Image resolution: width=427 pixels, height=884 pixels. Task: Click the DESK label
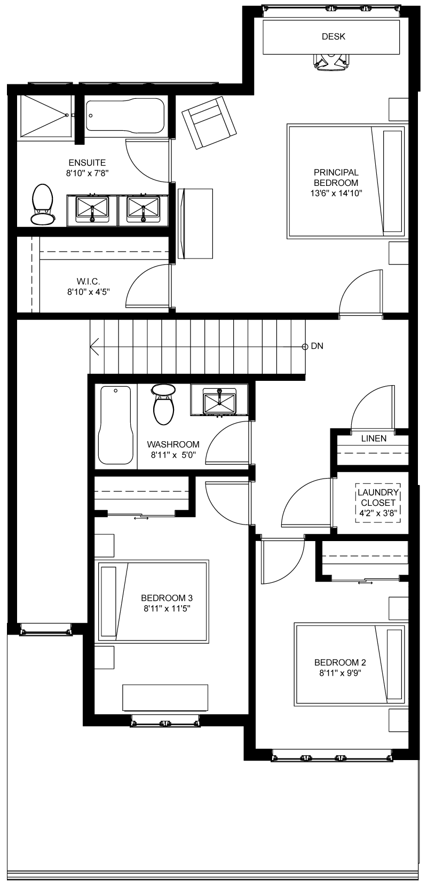click(x=334, y=36)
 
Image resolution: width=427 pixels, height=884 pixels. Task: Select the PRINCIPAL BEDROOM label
click(x=336, y=177)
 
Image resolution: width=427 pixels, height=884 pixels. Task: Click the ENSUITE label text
click(x=88, y=162)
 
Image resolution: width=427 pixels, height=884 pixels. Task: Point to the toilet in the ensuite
click(x=42, y=204)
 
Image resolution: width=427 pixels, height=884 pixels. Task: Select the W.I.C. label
click(x=88, y=281)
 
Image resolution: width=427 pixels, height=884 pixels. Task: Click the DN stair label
click(x=317, y=346)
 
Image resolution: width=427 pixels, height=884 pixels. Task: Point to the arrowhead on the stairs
click(x=94, y=346)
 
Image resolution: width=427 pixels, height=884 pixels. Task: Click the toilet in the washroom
click(x=163, y=404)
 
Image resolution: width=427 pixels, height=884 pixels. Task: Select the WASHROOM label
click(x=173, y=444)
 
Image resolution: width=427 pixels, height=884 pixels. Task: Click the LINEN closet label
click(x=374, y=439)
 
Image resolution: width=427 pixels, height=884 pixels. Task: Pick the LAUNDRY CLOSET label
click(x=378, y=497)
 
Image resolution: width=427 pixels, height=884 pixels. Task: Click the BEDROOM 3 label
click(x=167, y=598)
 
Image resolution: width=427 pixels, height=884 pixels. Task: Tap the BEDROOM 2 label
click(x=340, y=662)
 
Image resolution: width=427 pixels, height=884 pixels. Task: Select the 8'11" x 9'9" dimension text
click(x=340, y=673)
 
